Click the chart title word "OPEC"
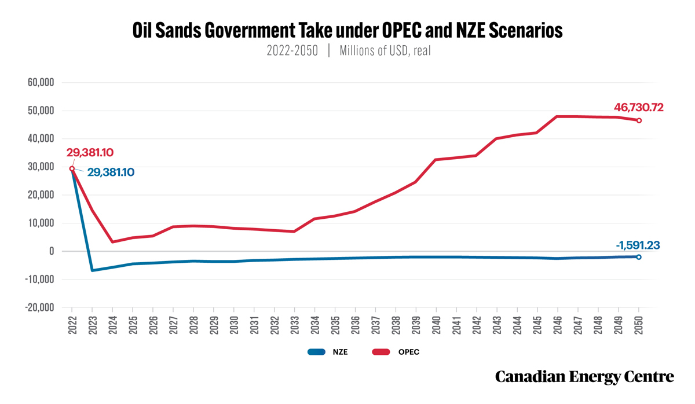[401, 30]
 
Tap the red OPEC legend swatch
[381, 352]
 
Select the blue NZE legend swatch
[316, 352]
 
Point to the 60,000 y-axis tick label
[41, 82]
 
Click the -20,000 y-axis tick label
[39, 307]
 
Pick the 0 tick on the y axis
[52, 251]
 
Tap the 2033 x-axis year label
[295, 325]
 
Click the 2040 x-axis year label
[436, 325]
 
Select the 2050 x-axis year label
[638, 325]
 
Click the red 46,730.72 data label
[638, 108]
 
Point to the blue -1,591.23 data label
[638, 245]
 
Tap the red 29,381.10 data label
[90, 153]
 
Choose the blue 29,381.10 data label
[111, 172]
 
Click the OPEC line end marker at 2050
[639, 120]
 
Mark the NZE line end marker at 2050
[638, 257]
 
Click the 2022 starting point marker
[72, 168]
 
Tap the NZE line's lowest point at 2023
[92, 271]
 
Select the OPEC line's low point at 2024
[112, 242]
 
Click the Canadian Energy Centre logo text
[584, 377]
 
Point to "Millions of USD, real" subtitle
[385, 50]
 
